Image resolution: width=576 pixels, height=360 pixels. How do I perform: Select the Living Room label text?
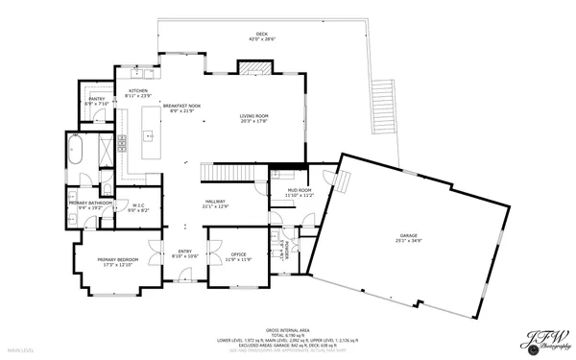click(x=253, y=118)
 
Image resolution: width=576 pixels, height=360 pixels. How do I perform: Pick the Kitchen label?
click(x=138, y=94)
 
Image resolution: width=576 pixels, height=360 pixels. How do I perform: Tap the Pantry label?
click(x=96, y=101)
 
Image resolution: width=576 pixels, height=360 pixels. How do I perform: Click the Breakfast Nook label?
click(x=180, y=108)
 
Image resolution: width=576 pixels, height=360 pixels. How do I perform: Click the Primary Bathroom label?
click(x=90, y=204)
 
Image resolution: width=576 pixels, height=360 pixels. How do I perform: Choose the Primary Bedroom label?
click(x=116, y=261)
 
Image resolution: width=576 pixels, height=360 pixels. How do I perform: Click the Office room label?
click(x=238, y=256)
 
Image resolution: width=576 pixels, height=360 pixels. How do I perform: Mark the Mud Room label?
click(x=285, y=192)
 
